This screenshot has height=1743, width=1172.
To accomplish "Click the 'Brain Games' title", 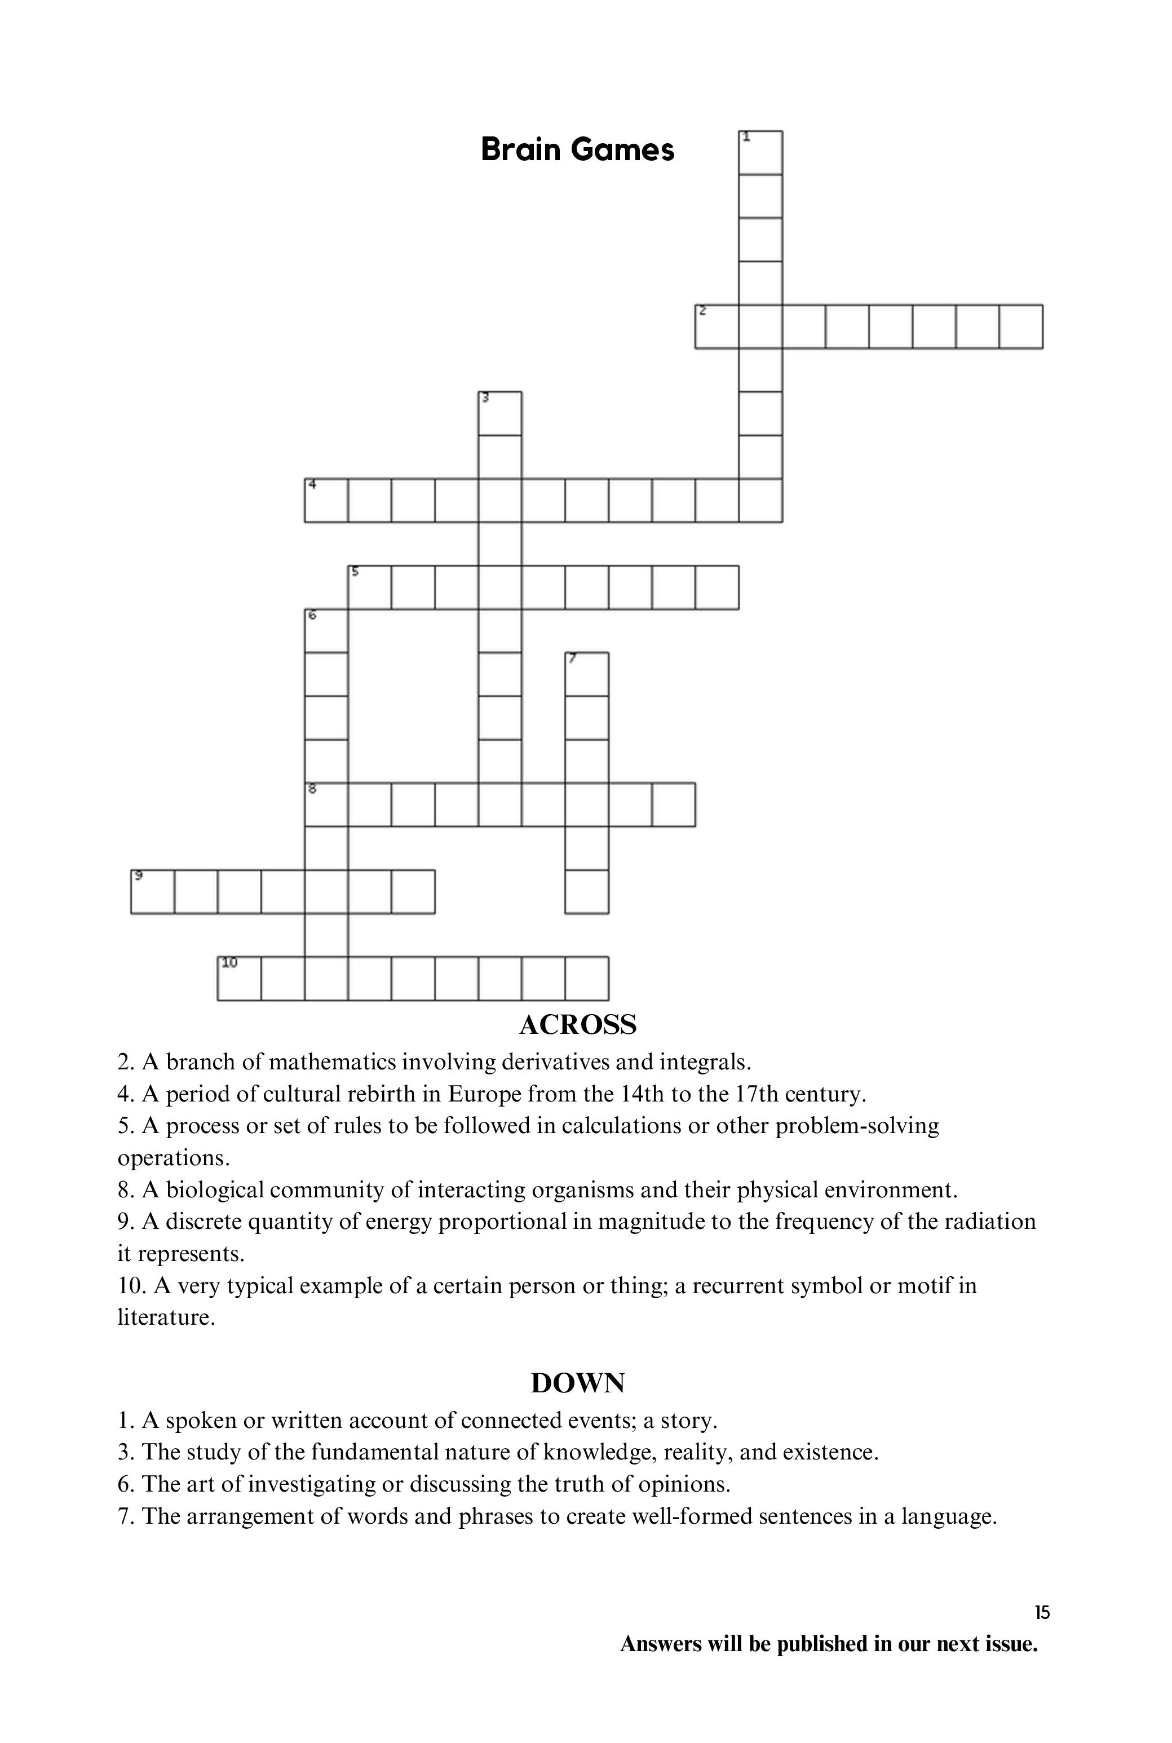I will [577, 149].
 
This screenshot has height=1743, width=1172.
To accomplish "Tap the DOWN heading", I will [578, 1383].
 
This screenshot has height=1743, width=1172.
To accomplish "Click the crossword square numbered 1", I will [760, 152].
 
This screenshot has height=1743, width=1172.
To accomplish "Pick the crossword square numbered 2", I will [717, 326].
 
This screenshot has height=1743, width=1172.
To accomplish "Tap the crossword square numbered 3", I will [500, 413].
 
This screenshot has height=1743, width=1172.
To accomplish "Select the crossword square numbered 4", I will [326, 500].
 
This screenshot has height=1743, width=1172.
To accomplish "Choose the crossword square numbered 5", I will [369, 587].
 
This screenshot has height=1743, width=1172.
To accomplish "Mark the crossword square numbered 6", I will [326, 631].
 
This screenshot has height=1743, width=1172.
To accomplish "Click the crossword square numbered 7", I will [587, 674].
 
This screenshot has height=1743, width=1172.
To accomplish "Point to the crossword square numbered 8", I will [326, 805].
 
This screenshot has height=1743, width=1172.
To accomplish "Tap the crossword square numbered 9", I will [152, 892].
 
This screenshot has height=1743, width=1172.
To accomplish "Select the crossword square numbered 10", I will [239, 979].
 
